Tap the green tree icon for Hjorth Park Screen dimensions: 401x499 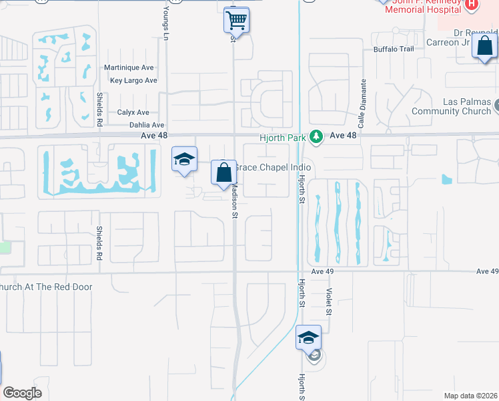[316, 137]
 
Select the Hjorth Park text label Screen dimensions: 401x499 [283, 138]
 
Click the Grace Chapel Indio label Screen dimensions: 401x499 [274, 167]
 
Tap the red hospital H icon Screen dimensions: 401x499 [472, 5]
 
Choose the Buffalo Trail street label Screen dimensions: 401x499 [394, 49]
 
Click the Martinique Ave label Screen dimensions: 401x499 [130, 68]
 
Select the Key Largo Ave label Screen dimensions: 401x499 [133, 81]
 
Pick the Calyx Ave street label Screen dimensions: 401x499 [133, 113]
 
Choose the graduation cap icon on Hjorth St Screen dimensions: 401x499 [308, 338]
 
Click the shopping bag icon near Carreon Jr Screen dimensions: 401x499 [485, 47]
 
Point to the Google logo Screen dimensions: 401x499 [22, 393]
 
